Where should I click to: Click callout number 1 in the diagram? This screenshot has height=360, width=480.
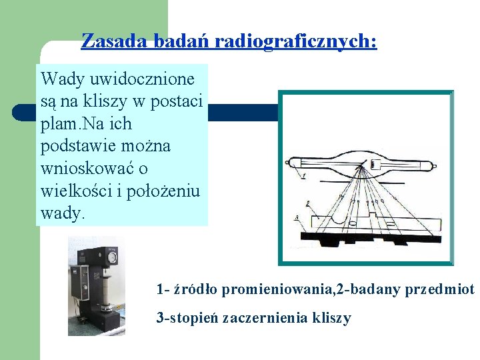[303, 175]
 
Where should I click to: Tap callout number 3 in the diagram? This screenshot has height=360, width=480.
[296, 218]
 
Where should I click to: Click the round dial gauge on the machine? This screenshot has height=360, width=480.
[113, 256]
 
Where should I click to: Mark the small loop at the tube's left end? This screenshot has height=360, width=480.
[287, 162]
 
